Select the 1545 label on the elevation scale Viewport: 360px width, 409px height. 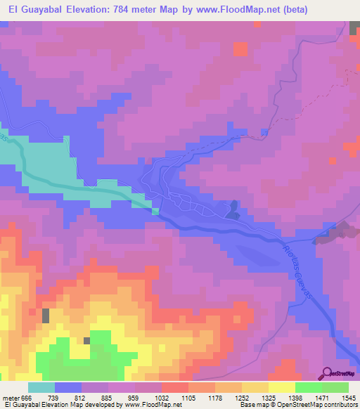348,398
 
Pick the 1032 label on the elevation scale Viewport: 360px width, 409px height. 161,398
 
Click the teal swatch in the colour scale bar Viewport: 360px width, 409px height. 41,387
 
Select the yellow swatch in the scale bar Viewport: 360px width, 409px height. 281,387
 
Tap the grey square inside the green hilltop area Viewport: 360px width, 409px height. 88,341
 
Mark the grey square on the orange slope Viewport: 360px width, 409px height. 46,316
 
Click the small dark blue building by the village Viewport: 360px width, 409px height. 233,209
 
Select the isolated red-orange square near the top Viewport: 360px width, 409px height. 240,48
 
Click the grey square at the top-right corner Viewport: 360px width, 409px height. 354,28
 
